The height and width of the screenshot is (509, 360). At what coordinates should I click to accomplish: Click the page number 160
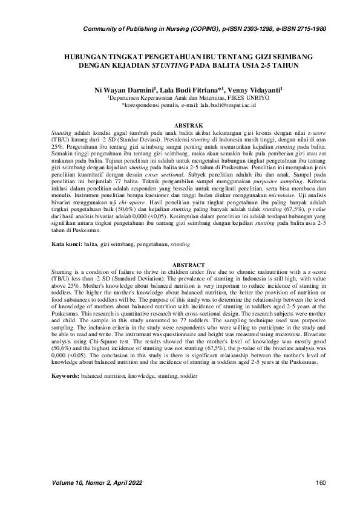tap(321, 482)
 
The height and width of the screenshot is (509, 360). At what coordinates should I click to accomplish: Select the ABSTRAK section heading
tap(180, 125)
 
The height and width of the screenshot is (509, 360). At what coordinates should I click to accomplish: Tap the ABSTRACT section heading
tap(180, 265)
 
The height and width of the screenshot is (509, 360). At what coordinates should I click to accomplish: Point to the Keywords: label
tap(65, 376)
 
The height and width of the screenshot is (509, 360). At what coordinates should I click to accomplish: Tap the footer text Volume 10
tap(69, 482)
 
